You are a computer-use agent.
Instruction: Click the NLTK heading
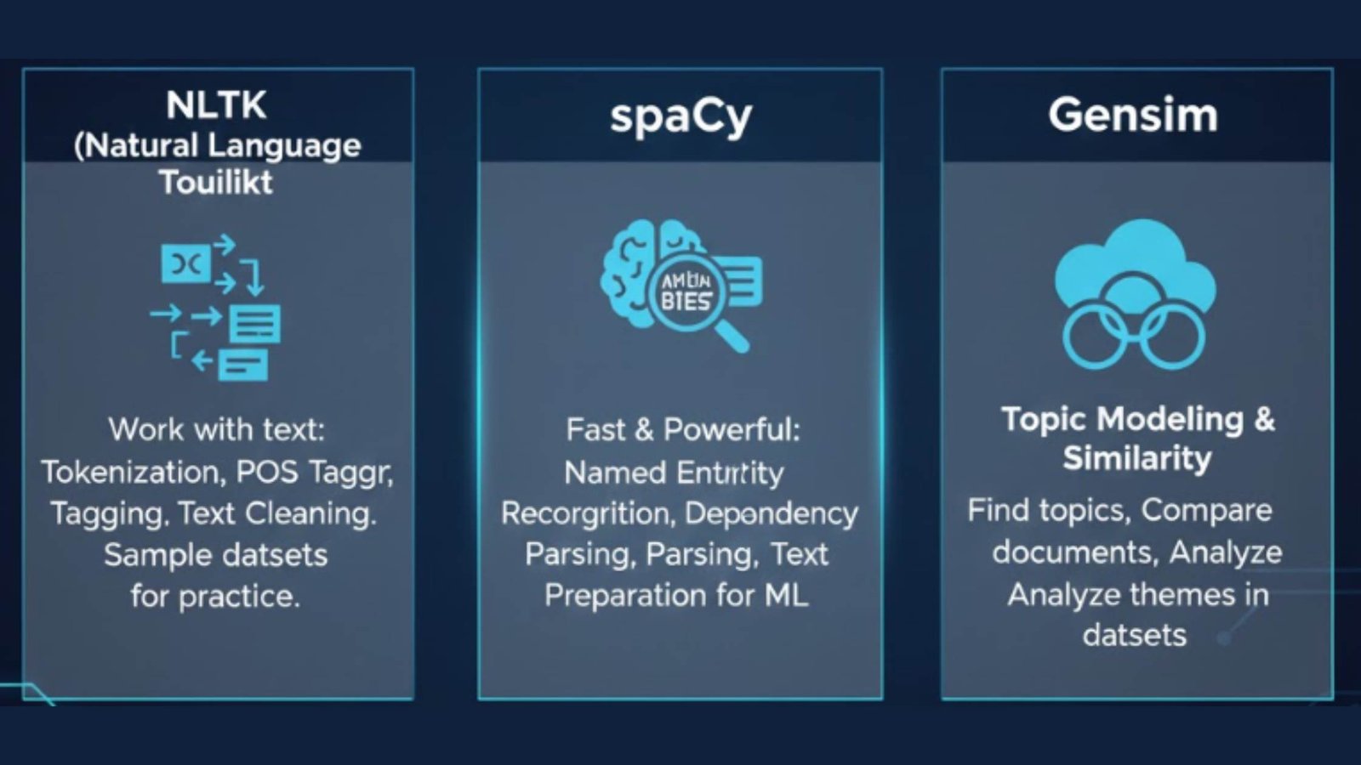coord(216,105)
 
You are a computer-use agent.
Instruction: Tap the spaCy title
coord(680,116)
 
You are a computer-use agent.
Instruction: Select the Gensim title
coord(1132,115)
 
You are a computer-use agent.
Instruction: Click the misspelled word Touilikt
coord(216,182)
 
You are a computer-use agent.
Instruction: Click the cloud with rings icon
coord(1135,294)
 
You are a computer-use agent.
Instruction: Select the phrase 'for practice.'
coord(215,596)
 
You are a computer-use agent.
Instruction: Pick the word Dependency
coord(772,513)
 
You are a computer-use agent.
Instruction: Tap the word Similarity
coord(1136,458)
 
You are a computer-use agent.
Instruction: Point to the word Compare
coord(1206,510)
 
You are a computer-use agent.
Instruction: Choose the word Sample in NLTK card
coord(145,555)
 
